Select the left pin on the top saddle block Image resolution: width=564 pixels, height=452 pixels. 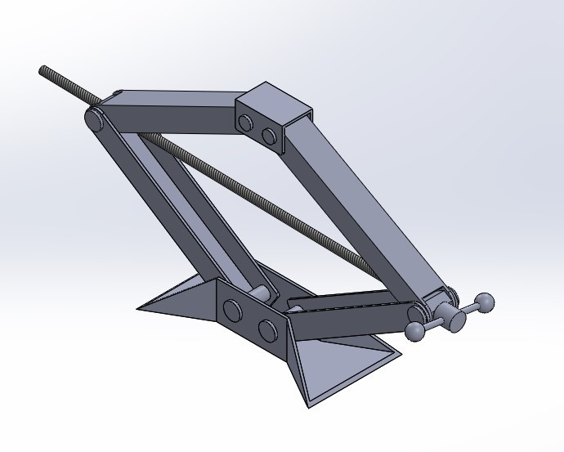click(245, 123)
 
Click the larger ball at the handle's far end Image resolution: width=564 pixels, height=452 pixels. click(486, 303)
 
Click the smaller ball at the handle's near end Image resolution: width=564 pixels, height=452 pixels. click(415, 330)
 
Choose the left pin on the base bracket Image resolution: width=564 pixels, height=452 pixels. click(233, 311)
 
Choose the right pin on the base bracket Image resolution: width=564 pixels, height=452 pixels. click(267, 329)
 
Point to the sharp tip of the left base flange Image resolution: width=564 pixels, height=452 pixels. click(139, 308)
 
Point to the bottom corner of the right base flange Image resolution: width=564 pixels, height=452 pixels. click(308, 405)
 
